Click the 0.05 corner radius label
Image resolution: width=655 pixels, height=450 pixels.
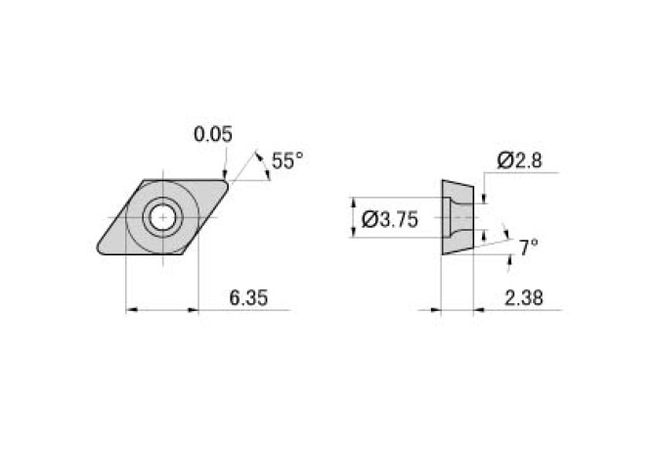[213, 135]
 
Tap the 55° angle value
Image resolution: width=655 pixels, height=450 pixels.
[287, 161]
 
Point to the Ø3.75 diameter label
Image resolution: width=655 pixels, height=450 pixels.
[389, 220]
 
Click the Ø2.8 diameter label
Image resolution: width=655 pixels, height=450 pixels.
[519, 161]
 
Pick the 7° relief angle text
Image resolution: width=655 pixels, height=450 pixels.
[528, 248]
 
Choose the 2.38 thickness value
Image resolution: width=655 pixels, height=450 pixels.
[525, 297]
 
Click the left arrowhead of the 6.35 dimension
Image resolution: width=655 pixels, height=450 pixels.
[132, 310]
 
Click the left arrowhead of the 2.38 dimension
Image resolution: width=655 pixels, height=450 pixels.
[436, 310]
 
